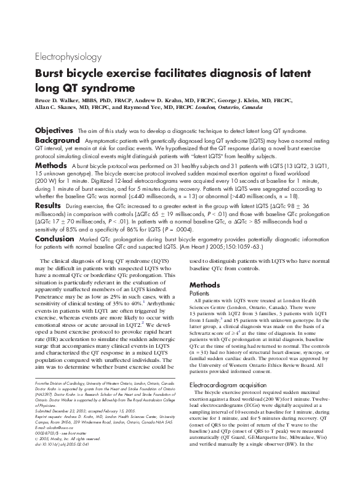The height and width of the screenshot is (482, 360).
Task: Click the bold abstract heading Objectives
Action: point(54,131)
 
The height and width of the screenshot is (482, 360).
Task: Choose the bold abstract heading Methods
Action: point(51,166)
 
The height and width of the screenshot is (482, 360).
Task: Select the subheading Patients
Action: point(199,294)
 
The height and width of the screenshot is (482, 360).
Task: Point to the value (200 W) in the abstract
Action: point(47,182)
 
